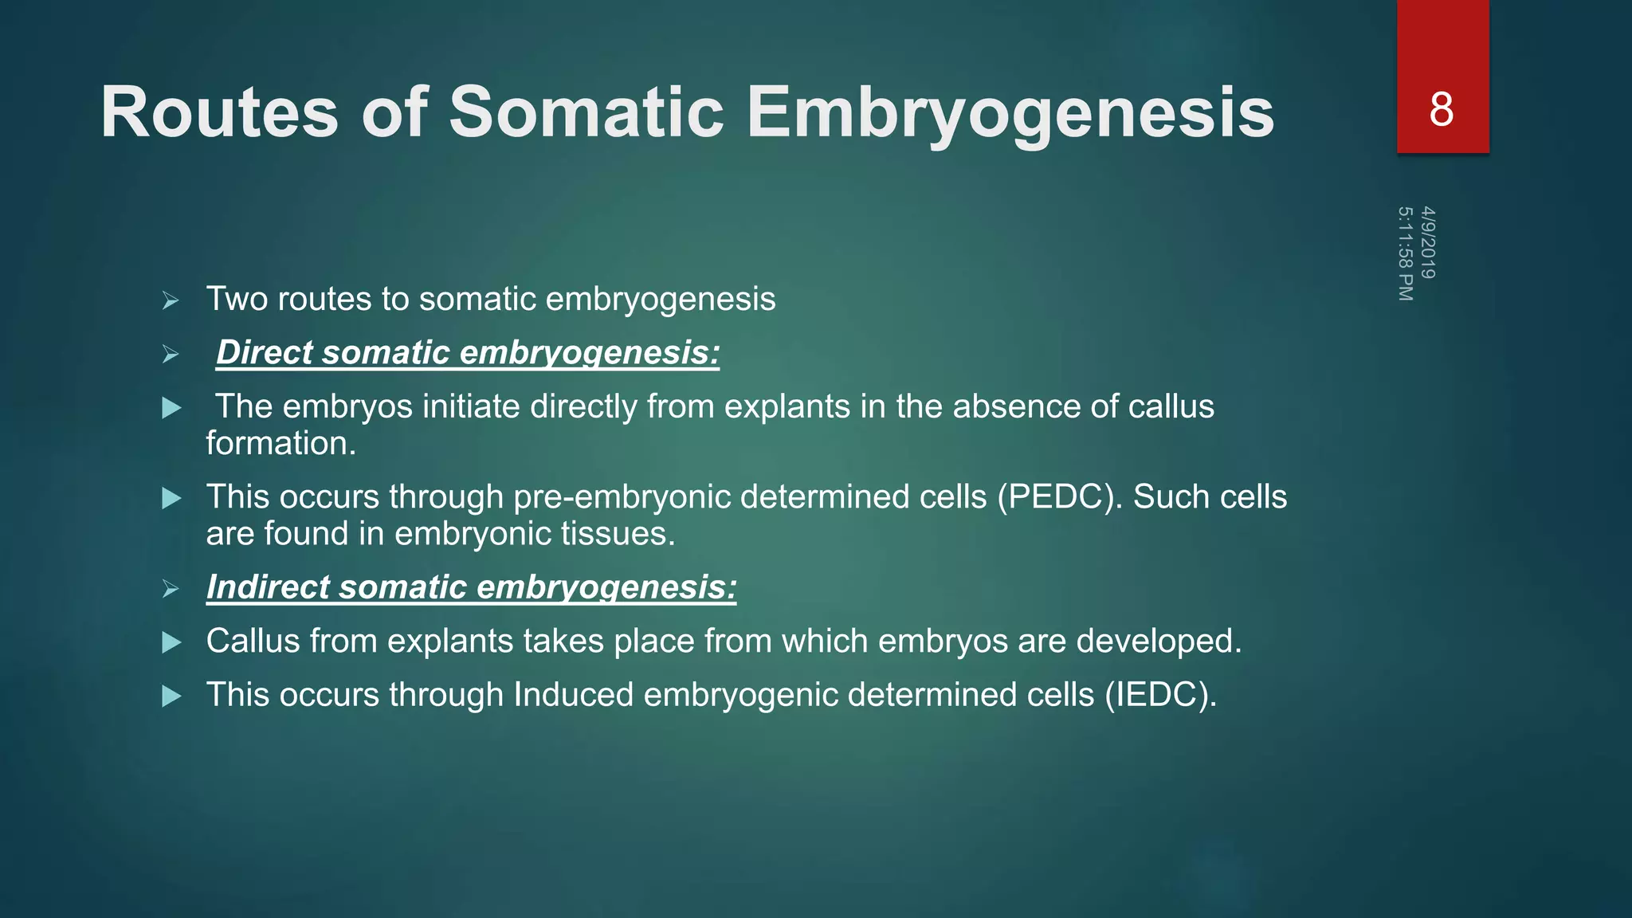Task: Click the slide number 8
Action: tap(1441, 109)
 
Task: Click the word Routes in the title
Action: tap(220, 112)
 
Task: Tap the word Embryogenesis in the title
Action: tap(1010, 112)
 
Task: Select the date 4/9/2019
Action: tap(1428, 242)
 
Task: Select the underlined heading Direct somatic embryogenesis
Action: tap(468, 353)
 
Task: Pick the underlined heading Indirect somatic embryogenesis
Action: tap(471, 587)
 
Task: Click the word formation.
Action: tap(280, 444)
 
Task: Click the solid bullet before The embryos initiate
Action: tap(171, 409)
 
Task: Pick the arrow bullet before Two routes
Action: tap(170, 301)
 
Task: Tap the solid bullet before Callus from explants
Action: tap(171, 643)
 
